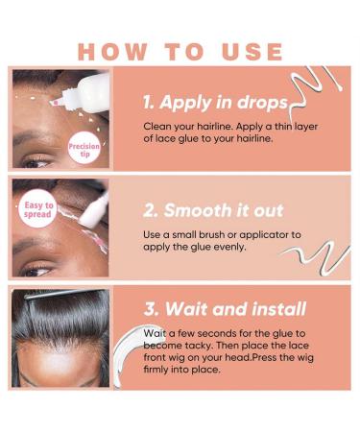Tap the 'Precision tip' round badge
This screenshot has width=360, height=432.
(x=84, y=148)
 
